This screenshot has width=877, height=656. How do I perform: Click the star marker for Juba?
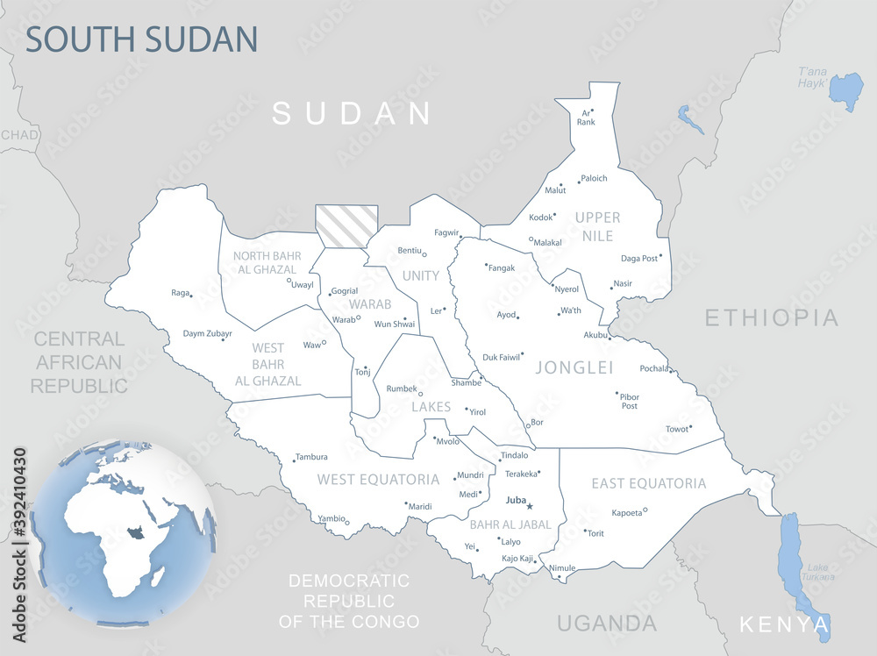tap(530, 506)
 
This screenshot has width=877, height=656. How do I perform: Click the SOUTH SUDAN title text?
tap(141, 39)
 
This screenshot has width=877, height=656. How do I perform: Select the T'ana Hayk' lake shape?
tap(846, 90)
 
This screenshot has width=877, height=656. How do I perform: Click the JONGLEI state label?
tap(574, 367)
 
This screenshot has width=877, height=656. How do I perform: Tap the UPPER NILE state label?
tap(597, 225)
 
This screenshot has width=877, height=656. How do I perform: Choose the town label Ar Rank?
tap(586, 117)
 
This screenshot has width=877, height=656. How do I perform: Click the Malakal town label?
tap(548, 242)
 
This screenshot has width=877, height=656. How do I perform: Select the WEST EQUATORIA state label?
tap(378, 479)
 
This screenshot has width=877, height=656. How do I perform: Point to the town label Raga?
tap(180, 293)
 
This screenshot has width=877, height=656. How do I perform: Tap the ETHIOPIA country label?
tap(772, 317)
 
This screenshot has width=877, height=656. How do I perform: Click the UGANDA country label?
tap(606, 623)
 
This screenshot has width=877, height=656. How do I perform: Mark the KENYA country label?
tap(783, 624)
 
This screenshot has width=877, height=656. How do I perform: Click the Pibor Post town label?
tap(629, 401)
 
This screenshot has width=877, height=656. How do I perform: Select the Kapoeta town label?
tap(626, 513)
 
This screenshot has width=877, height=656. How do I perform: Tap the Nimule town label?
tap(562, 567)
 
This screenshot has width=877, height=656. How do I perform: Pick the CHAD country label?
tap(18, 134)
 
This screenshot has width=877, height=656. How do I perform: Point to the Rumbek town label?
tap(402, 388)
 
